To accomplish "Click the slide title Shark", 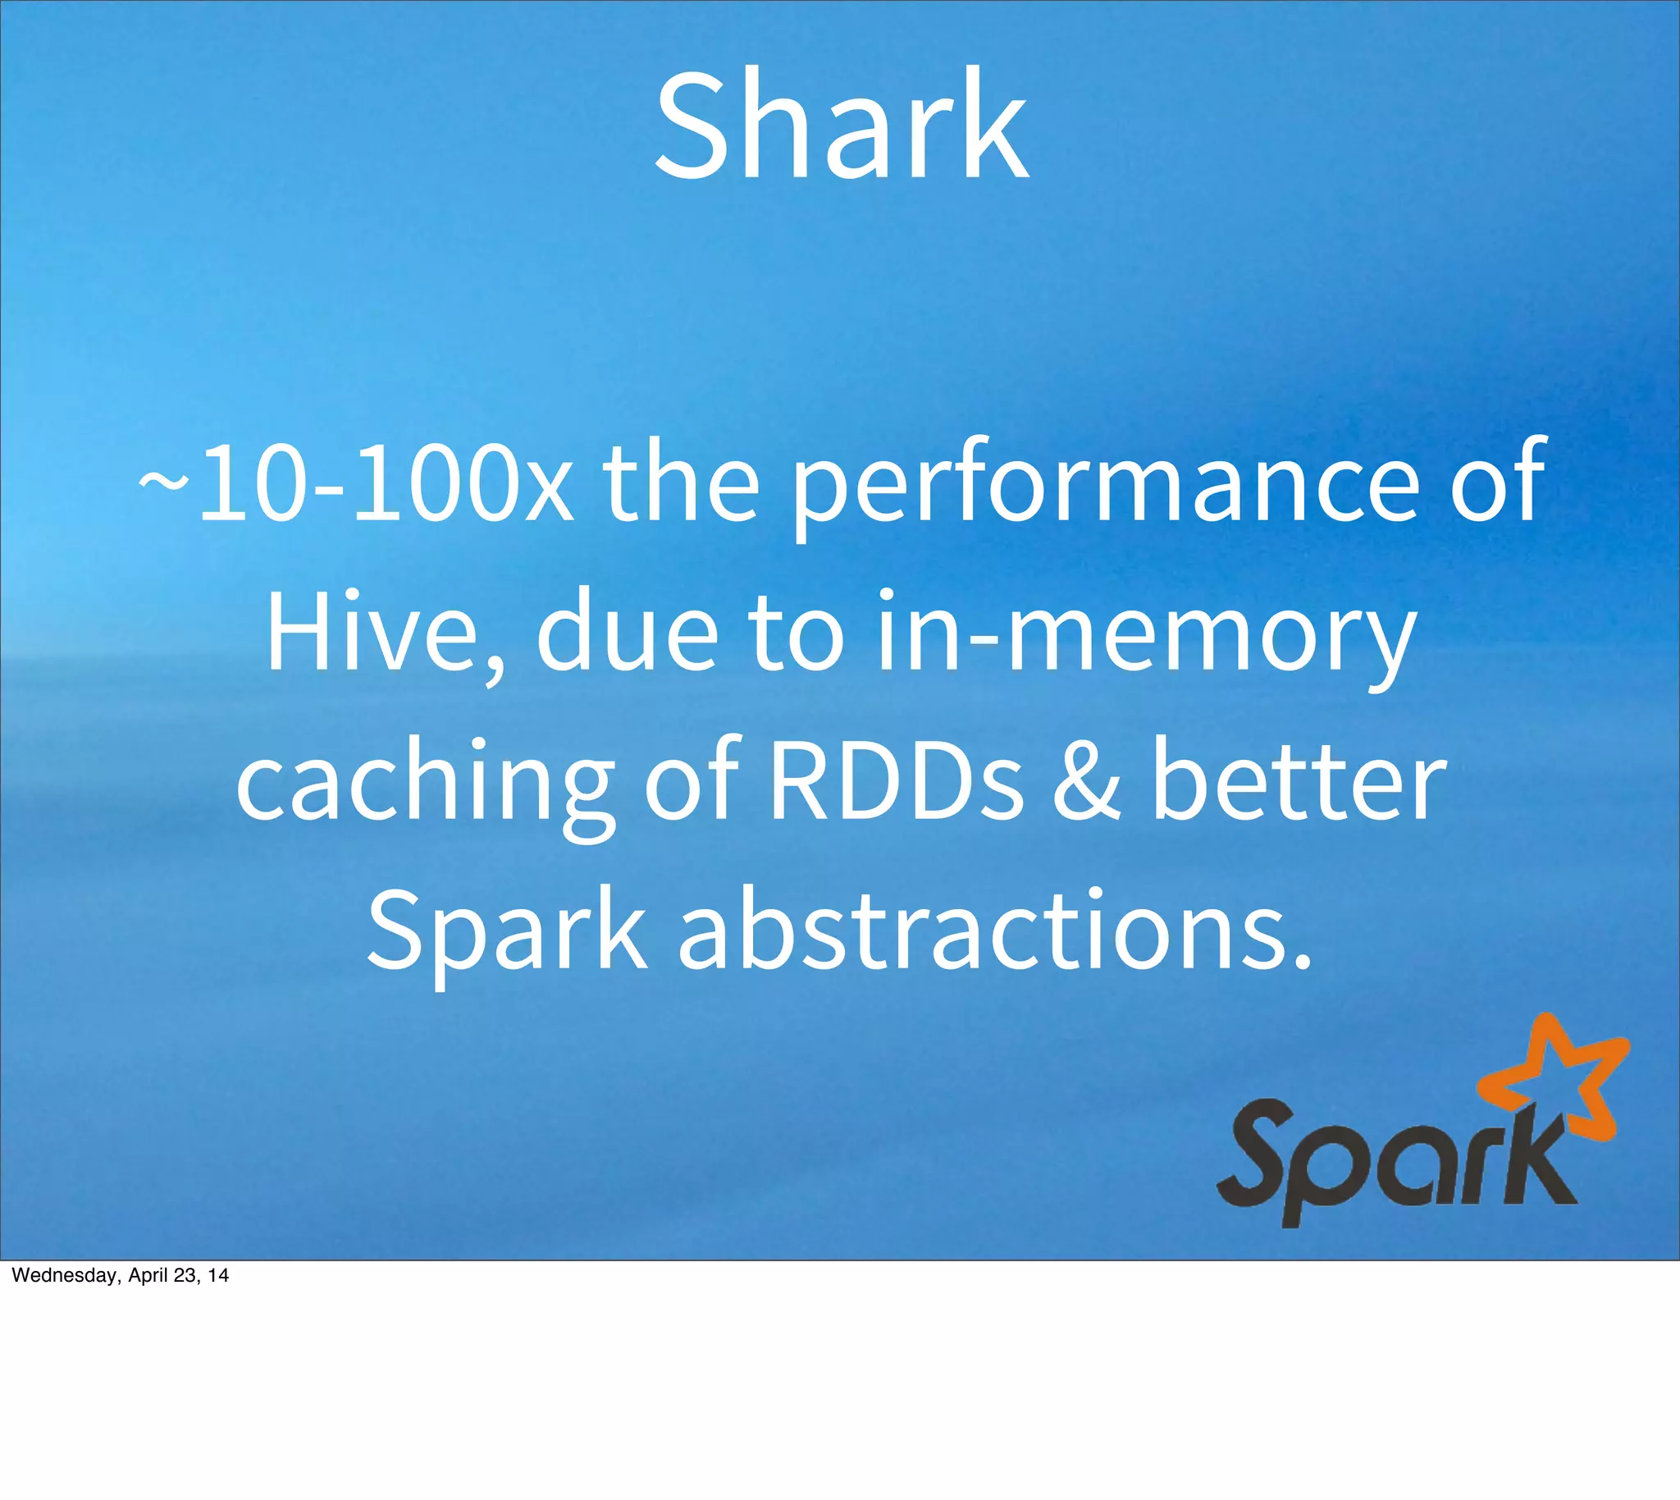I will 841,126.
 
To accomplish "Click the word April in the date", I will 149,1276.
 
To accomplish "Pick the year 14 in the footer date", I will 218,1276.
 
